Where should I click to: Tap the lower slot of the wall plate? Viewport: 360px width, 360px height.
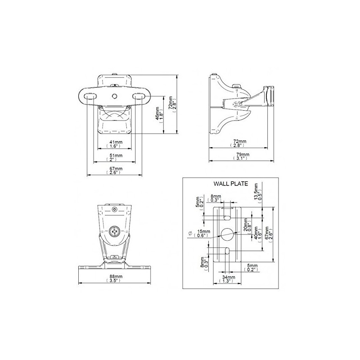click(x=227, y=251)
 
